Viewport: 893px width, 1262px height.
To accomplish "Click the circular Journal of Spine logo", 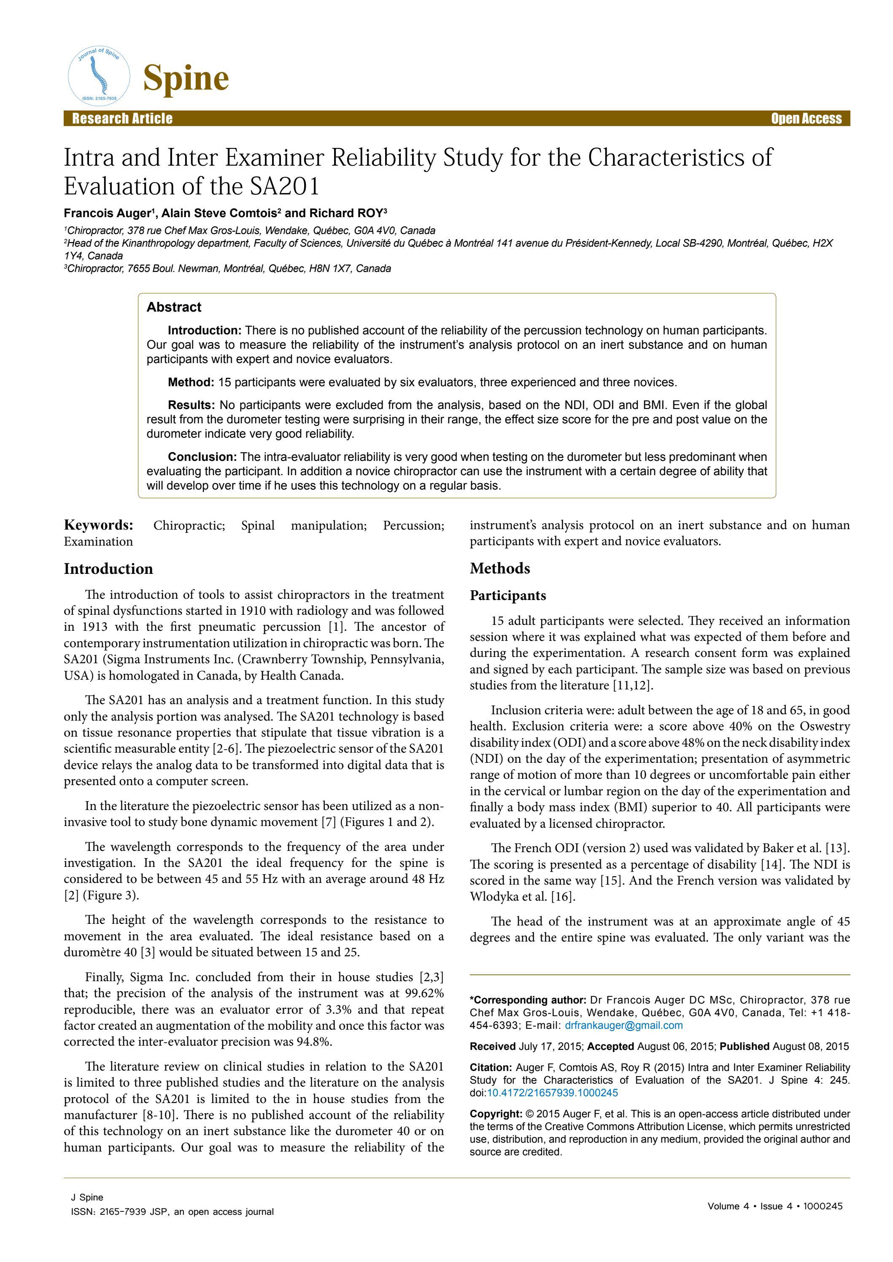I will pos(99,76).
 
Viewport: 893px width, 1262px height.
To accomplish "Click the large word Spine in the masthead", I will pos(186,78).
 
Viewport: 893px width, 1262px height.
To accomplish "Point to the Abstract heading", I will pos(174,307).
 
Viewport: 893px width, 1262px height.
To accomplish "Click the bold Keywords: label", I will pos(98,525).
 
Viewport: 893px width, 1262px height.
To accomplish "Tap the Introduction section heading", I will pos(108,568).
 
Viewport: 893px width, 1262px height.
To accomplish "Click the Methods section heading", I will pos(499,568).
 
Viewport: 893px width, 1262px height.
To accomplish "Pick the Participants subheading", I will pos(507,595).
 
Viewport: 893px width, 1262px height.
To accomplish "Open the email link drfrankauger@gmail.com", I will pos(623,1025).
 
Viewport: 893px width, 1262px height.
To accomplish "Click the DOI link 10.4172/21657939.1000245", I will pos(552,1093).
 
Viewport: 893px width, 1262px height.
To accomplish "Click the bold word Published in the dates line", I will pos(744,1046).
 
